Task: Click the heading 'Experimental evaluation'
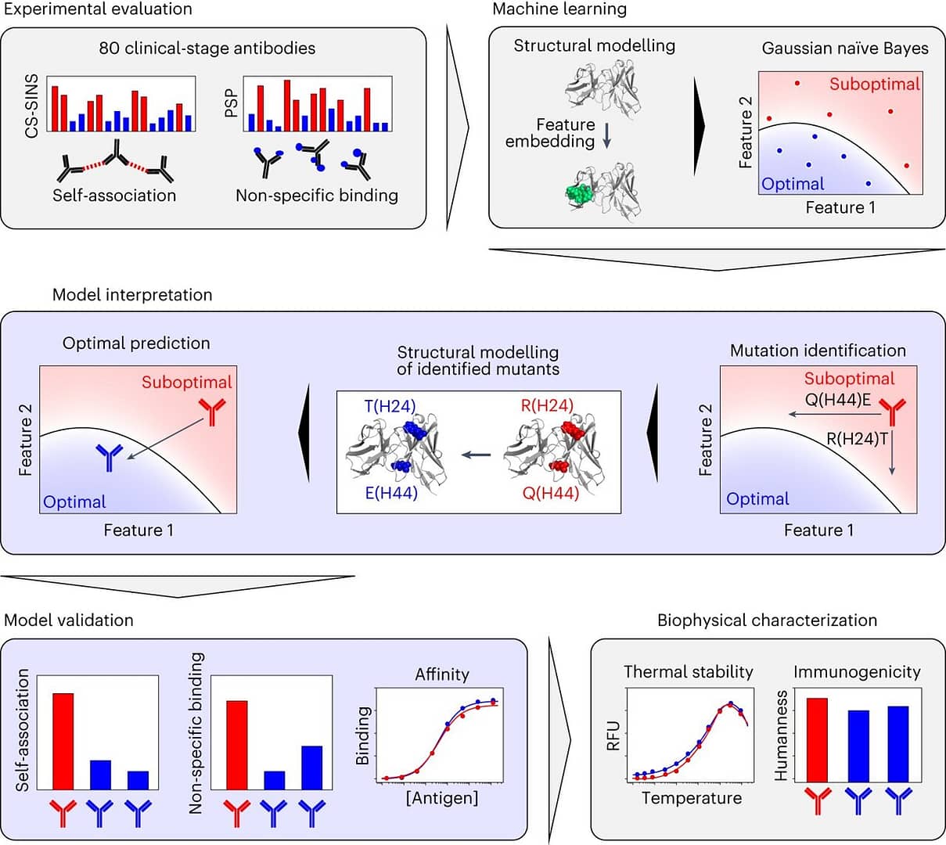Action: (x=98, y=10)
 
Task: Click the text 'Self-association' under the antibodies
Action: (x=114, y=196)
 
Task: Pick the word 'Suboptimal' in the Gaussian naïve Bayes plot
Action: (x=874, y=84)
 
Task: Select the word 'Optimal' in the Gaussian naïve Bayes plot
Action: (x=793, y=184)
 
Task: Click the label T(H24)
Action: (x=390, y=405)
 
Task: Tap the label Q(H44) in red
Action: (x=551, y=493)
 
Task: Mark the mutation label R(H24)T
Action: (x=857, y=439)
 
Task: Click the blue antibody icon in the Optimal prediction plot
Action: (x=110, y=457)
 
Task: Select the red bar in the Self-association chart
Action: (x=63, y=741)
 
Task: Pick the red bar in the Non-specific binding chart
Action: (x=236, y=745)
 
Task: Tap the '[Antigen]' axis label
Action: (x=442, y=798)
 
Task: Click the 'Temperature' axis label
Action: (x=692, y=798)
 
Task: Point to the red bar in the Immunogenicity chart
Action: (x=816, y=739)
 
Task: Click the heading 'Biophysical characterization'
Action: (x=767, y=620)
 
